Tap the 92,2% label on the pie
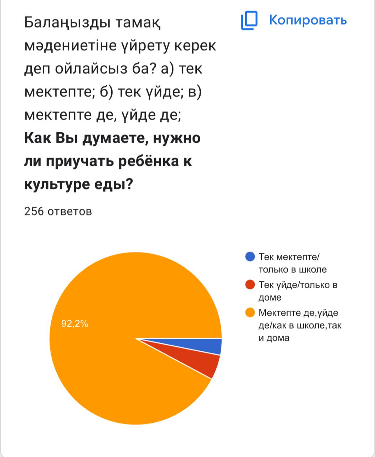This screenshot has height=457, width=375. click(75, 324)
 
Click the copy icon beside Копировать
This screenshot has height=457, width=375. click(249, 20)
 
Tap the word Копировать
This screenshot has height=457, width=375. click(308, 20)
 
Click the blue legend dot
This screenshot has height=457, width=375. click(250, 257)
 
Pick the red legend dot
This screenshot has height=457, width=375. click(250, 285)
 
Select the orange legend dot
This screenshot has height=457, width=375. click(250, 313)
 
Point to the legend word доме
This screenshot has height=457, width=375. click(270, 297)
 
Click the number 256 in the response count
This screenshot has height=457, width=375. click(34, 211)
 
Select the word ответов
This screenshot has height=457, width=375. click(70, 211)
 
